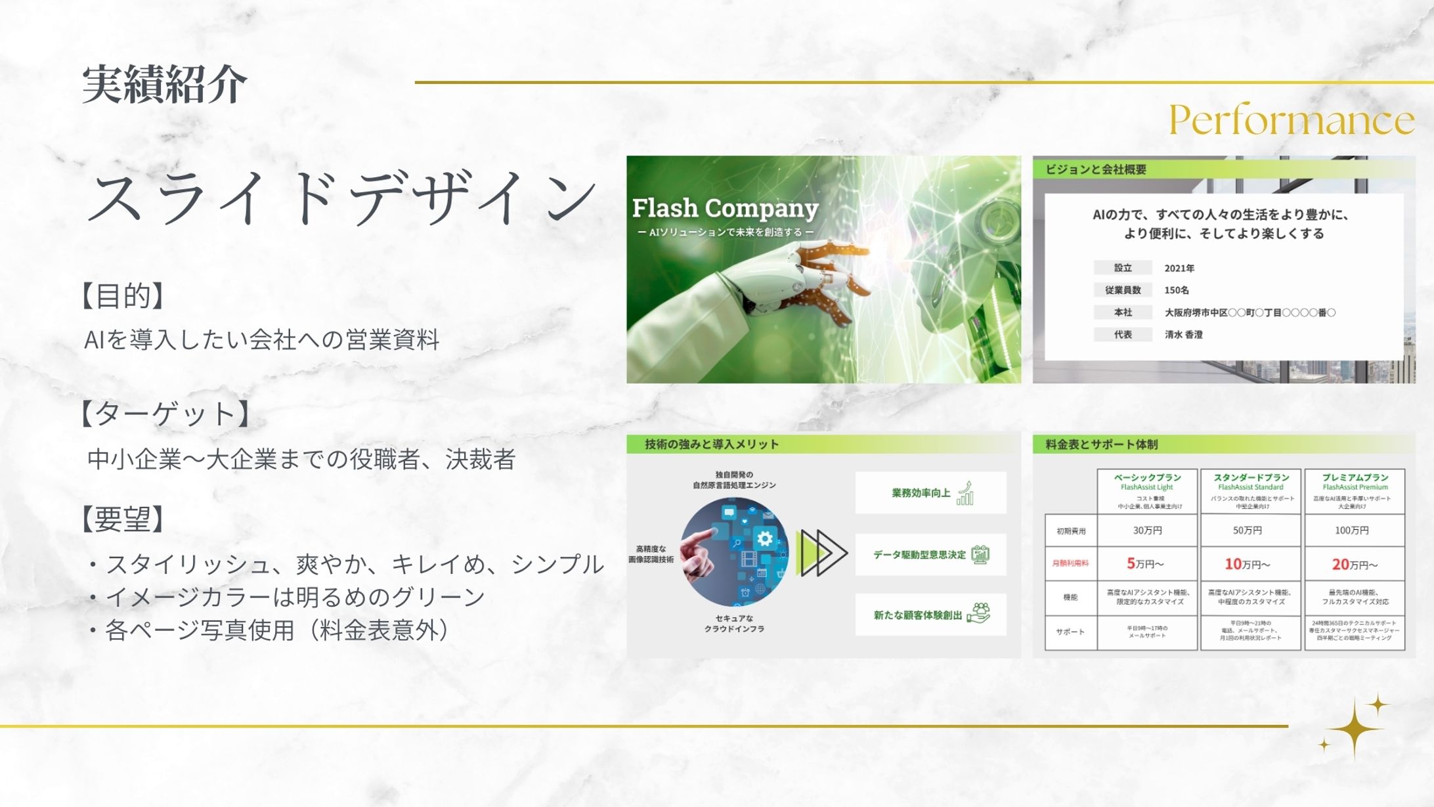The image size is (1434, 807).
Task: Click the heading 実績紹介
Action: [164, 85]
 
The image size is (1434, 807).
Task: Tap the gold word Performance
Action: [1291, 120]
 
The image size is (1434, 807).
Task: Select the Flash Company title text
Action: [725, 208]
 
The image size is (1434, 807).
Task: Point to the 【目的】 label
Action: [122, 296]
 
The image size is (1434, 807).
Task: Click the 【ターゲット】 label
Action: [165, 414]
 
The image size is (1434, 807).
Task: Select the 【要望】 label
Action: [122, 519]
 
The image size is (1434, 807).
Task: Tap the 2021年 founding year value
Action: [1179, 268]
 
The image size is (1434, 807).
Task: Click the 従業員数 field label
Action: [1122, 290]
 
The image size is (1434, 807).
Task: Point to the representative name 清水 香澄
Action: [1183, 334]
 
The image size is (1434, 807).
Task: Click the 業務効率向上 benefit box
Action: [930, 492]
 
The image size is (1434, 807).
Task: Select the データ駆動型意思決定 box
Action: [930, 555]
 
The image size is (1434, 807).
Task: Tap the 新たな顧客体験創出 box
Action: [930, 615]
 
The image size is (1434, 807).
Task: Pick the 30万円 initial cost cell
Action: [1147, 530]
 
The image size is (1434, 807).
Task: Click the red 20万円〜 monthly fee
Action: [1354, 564]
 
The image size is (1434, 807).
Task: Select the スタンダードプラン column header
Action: [1251, 477]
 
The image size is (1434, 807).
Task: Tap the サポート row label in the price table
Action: [1070, 632]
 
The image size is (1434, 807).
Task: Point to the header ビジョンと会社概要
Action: [1096, 169]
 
